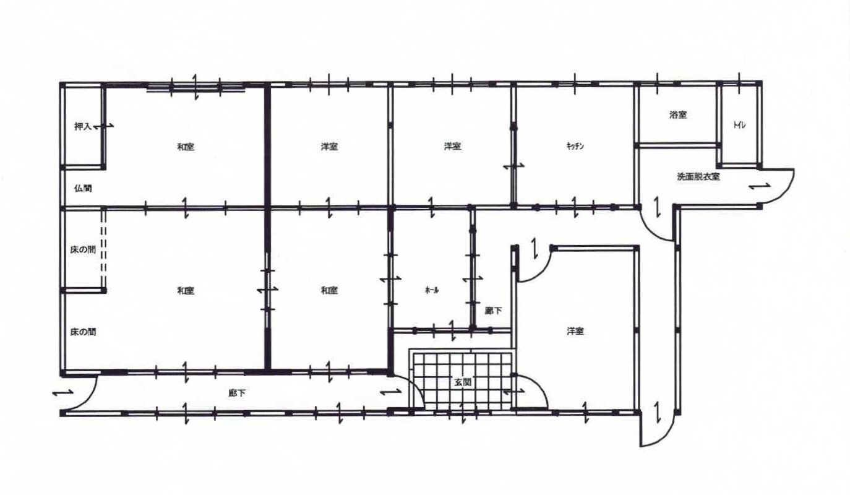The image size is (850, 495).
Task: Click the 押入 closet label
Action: (83, 127)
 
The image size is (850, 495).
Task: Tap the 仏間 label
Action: (83, 188)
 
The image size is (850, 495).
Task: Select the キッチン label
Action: (575, 146)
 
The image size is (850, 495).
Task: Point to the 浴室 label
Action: (678, 114)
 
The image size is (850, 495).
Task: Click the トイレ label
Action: (739, 125)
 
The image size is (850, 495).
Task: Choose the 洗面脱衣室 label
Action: (698, 176)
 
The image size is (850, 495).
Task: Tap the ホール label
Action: (432, 290)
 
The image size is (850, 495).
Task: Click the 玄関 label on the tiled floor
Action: (463, 382)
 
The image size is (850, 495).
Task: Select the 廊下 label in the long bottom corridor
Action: (237, 394)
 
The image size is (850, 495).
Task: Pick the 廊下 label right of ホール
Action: (493, 311)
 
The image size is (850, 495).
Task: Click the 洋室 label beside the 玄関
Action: (575, 332)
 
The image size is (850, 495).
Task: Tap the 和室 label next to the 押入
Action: (186, 147)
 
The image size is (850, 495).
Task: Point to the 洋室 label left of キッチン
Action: (452, 146)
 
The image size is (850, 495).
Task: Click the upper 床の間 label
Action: (83, 250)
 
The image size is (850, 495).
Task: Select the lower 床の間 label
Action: (83, 332)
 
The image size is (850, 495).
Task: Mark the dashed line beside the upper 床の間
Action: (103, 249)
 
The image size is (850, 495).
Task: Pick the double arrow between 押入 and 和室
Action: (103, 127)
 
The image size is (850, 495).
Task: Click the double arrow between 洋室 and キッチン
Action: (514, 166)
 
